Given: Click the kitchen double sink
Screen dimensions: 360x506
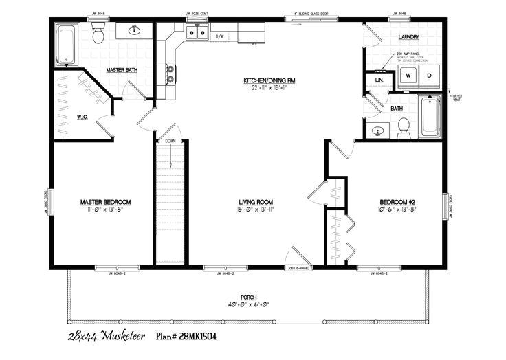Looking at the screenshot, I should [197, 32].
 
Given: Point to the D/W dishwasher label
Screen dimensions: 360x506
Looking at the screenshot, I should [221, 36].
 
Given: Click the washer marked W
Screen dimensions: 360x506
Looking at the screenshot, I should [408, 75].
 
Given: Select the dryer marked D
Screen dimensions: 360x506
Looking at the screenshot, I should [429, 75].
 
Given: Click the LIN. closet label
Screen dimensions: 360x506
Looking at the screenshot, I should [379, 80].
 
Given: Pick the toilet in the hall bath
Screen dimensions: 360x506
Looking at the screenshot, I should [404, 125].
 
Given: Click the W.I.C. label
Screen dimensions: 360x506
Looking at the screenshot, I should [81, 116].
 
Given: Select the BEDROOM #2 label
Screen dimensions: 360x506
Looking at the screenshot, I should [398, 202].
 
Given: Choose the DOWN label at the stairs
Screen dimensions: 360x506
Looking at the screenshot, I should [170, 141].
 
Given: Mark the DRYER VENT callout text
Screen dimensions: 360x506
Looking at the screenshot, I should [456, 95].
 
